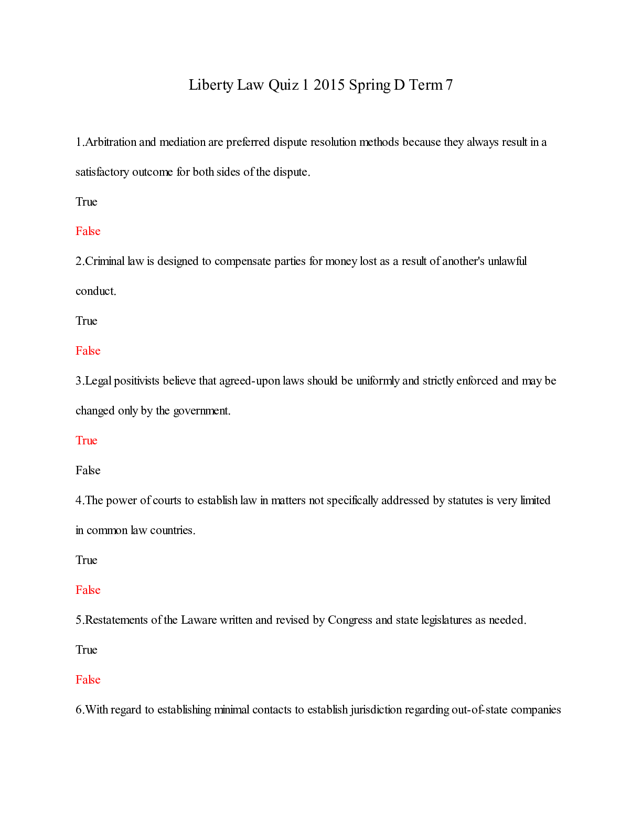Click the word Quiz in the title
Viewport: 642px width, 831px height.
(283, 85)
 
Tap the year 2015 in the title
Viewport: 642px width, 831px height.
(329, 85)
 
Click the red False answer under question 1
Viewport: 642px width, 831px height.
(88, 231)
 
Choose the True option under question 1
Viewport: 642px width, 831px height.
(86, 202)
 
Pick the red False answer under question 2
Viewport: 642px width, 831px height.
(88, 351)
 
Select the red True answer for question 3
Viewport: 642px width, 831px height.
(86, 441)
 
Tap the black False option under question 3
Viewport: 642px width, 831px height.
(88, 471)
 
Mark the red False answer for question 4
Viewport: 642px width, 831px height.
(88, 590)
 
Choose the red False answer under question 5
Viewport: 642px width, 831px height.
(88, 680)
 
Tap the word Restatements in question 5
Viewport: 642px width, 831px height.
(116, 620)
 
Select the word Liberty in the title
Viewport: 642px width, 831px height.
(211, 85)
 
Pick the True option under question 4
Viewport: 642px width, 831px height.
(86, 560)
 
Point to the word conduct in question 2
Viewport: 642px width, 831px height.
(95, 291)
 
